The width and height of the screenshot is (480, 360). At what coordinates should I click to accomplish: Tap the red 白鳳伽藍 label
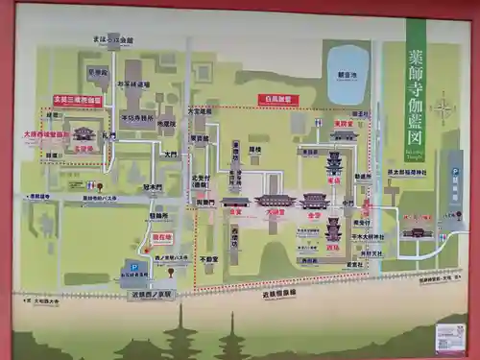pyautogui.click(x=278, y=99)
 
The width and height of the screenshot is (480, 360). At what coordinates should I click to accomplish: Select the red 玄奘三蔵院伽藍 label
pyautogui.click(x=77, y=100)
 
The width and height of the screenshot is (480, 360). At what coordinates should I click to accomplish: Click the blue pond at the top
pyautogui.click(x=347, y=86)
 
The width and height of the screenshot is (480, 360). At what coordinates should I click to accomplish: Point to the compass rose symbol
pyautogui.click(x=443, y=108)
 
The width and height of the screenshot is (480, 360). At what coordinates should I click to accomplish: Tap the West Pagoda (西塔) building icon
pyautogui.click(x=333, y=230)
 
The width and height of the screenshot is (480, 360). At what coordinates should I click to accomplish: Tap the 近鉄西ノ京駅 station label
pyautogui.click(x=152, y=295)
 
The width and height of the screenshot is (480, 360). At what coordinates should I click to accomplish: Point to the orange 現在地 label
pyautogui.click(x=161, y=237)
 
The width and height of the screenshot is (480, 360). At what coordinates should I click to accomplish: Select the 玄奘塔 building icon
pyautogui.click(x=84, y=134)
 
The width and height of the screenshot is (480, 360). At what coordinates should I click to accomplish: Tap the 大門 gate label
pyautogui.click(x=170, y=155)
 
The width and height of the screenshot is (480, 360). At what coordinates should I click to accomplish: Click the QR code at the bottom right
pyautogui.click(x=448, y=336)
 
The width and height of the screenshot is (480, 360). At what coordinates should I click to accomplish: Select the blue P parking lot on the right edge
pyautogui.click(x=454, y=173)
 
